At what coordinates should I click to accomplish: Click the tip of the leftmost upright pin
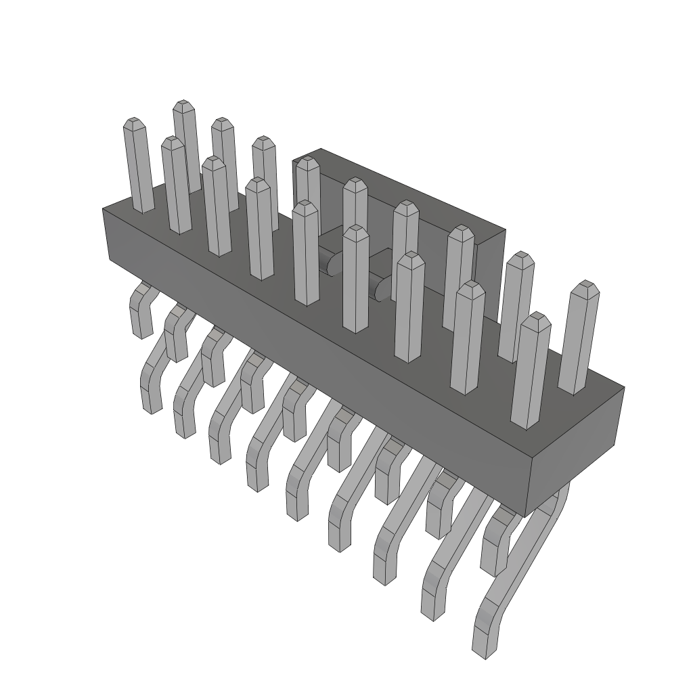133,122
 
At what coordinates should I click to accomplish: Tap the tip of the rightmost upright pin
585,285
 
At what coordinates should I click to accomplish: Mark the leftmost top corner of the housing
103,208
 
